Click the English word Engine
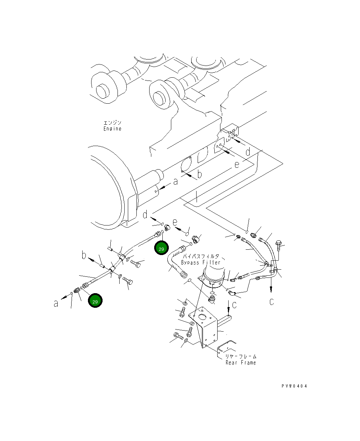click(x=112, y=129)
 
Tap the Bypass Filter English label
click(x=200, y=263)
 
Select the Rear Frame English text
click(x=240, y=363)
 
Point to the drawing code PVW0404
click(x=294, y=386)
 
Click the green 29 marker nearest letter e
click(x=161, y=249)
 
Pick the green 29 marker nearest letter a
click(x=95, y=301)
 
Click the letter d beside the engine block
click(x=248, y=152)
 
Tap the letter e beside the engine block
click(x=237, y=164)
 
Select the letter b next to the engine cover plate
click(x=199, y=174)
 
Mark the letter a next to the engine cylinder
click(x=175, y=182)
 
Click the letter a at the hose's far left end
click(x=56, y=303)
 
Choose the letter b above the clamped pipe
click(x=84, y=255)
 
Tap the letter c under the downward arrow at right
click(x=271, y=301)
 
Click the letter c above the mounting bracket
click(x=234, y=305)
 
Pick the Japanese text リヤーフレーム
click(x=240, y=356)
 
